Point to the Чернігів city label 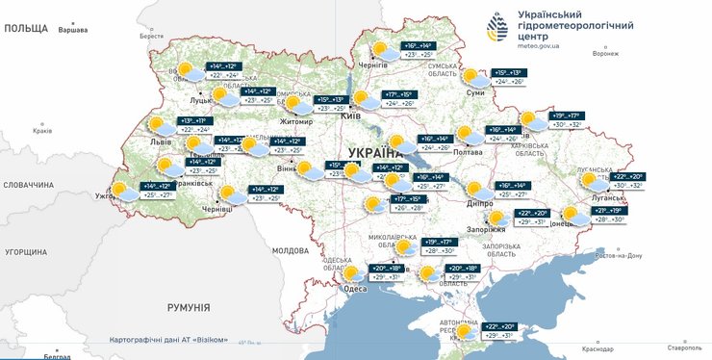tap(372, 64)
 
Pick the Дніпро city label tap(480, 204)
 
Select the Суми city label tap(474, 93)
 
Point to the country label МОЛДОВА tap(289, 250)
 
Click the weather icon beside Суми tap(470, 77)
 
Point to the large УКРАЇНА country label tap(375, 152)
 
